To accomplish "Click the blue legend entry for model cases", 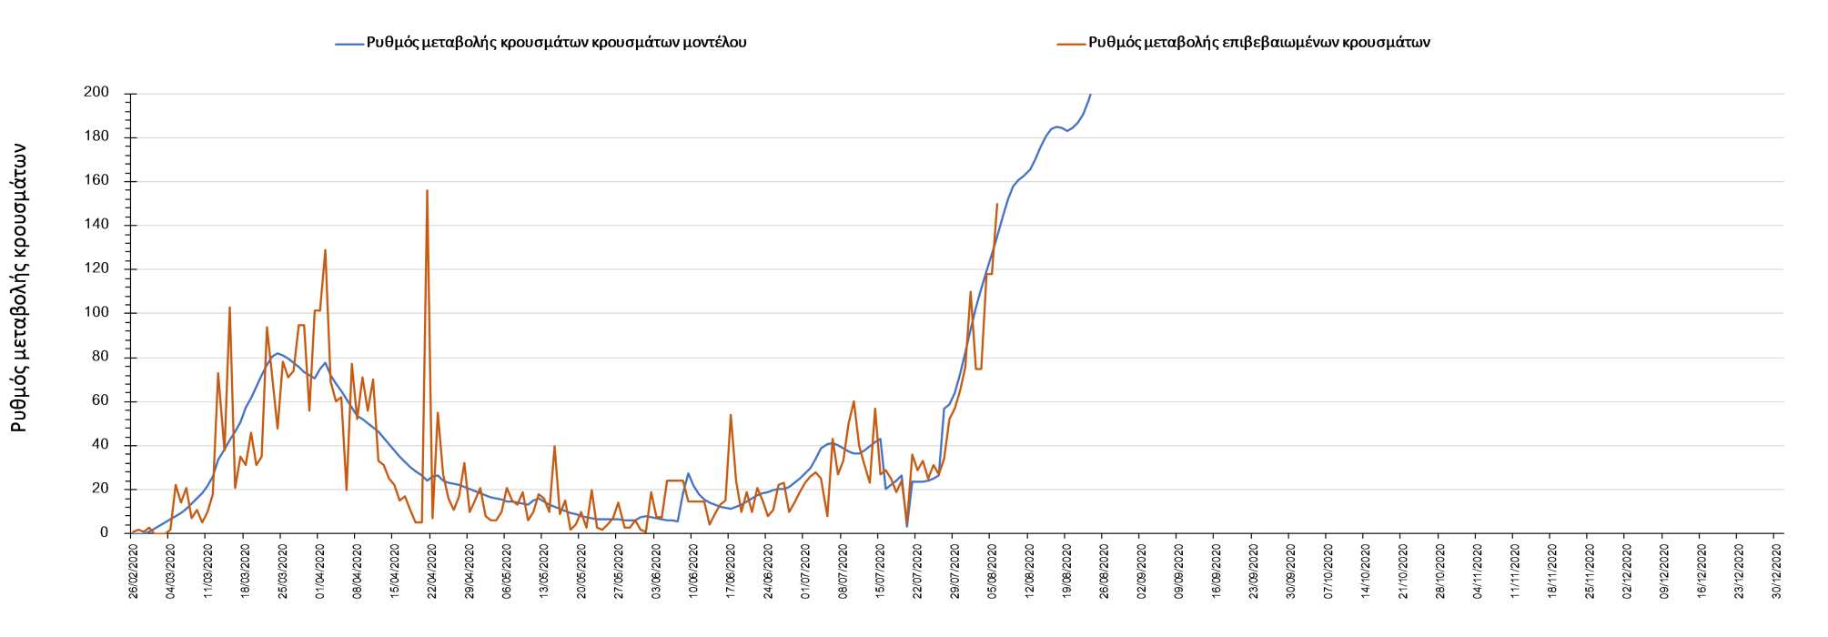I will tap(555, 43).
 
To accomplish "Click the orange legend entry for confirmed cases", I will tap(1258, 43).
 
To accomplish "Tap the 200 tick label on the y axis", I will tap(96, 93).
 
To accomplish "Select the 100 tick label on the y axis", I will tap(96, 313).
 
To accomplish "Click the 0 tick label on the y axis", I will tap(104, 533).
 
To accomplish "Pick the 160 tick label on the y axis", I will tap(96, 181).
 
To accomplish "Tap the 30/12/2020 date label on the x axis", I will tap(1777, 571).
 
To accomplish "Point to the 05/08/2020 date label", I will tap(993, 571).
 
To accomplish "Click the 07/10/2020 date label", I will tap(1328, 571).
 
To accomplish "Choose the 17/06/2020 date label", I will tap(732, 571).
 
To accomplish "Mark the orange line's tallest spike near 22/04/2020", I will tap(427, 191).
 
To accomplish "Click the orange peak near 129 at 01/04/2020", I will tap(325, 250).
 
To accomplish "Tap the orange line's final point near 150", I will tap(997, 204).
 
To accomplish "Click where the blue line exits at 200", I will tap(1090, 94).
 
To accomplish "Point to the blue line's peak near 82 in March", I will tap(278, 353).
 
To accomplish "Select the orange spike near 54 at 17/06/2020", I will tap(731, 415).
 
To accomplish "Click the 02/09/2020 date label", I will tap(1142, 571).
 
